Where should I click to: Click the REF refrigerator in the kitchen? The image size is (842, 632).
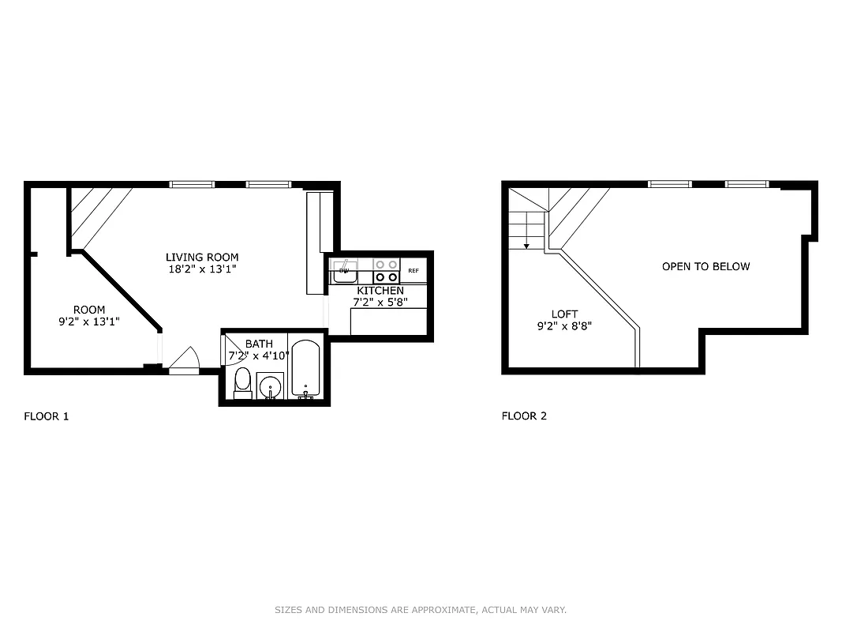tap(414, 270)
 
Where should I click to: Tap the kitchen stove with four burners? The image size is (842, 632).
tap(386, 271)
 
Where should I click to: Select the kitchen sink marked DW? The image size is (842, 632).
tap(344, 271)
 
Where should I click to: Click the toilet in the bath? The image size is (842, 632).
tap(242, 382)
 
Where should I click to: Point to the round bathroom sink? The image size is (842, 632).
tap(270, 386)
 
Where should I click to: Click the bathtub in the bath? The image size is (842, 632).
tap(305, 368)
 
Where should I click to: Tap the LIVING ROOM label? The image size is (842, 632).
tap(202, 257)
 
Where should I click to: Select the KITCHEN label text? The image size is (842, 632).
tap(380, 291)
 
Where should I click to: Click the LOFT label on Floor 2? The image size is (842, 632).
tap(564, 314)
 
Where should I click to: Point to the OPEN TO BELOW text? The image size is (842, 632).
tap(705, 266)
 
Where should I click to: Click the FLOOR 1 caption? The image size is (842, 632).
tap(47, 416)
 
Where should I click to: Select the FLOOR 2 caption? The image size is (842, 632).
tap(524, 416)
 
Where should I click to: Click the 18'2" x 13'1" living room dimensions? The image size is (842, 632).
tap(202, 269)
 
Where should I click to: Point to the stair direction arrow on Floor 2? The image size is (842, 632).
tap(526, 245)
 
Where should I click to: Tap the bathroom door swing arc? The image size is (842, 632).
tap(234, 347)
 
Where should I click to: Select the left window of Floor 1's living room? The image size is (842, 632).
tap(192, 185)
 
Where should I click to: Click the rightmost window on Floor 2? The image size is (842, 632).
tap(747, 184)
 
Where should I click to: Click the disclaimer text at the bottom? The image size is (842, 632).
tap(421, 610)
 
